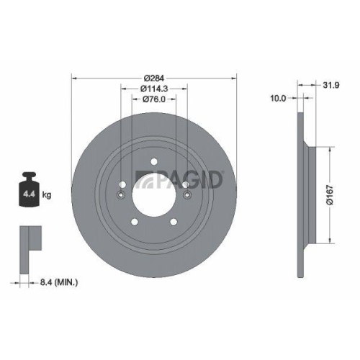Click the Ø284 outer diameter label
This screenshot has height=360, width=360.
pyautogui.click(x=153, y=77)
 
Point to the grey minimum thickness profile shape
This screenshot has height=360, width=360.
pyautogui.click(x=28, y=238)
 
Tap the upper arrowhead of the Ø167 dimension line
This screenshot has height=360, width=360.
pyautogui.click(x=330, y=149)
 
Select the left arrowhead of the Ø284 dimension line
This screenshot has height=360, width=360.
pyautogui.click(x=75, y=77)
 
